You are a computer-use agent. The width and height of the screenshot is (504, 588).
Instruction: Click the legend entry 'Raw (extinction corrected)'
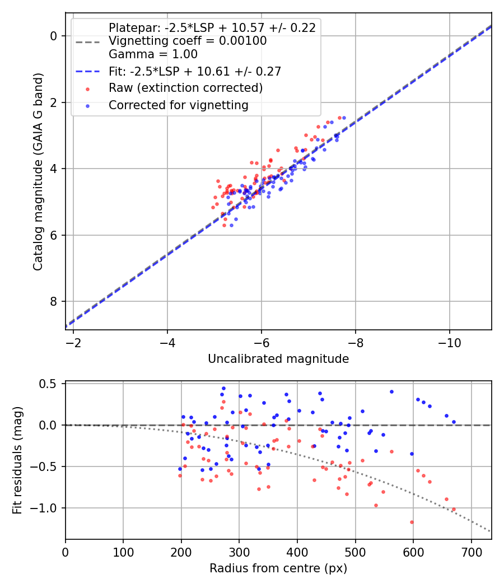coord(185,88)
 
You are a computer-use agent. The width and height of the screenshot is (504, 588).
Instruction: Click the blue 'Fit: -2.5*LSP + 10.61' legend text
coord(194,71)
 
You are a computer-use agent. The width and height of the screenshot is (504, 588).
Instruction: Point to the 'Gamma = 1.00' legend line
coord(153,54)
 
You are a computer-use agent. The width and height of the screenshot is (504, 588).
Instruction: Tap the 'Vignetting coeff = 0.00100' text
coord(188,41)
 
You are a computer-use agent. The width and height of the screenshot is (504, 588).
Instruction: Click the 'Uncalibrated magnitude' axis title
coord(278,359)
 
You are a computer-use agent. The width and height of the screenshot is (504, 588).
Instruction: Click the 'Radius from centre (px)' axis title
coord(278,568)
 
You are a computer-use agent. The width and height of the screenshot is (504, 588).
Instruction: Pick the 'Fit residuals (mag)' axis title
coord(17,460)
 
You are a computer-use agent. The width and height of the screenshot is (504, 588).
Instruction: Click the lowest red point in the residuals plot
coord(412,522)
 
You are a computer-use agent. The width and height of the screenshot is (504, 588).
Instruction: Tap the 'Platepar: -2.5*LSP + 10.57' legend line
coord(212,27)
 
